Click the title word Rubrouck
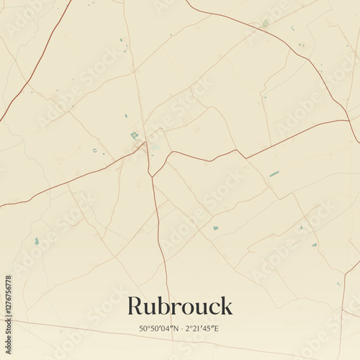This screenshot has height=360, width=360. click(x=180, y=306)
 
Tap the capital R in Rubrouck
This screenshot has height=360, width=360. click(x=134, y=306)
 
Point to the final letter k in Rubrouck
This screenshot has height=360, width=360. click(x=227, y=306)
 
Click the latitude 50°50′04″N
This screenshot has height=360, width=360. click(x=160, y=329)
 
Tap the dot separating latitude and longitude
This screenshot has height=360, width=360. click(x=181, y=329)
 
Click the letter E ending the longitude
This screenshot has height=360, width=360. click(x=217, y=329)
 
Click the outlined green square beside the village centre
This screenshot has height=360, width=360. click(x=134, y=135)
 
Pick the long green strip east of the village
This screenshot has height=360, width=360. click(x=274, y=174)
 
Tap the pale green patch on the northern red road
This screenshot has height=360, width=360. click(x=265, y=24)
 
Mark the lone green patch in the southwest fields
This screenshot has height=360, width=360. click(x=37, y=241)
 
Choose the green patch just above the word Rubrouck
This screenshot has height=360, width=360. click(x=215, y=228)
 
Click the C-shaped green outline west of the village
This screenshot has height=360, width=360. click(x=94, y=150)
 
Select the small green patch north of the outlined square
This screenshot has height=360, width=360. click(x=125, y=115)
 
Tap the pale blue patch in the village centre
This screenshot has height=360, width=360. click(x=154, y=147)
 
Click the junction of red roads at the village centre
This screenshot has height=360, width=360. click(x=146, y=143)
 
